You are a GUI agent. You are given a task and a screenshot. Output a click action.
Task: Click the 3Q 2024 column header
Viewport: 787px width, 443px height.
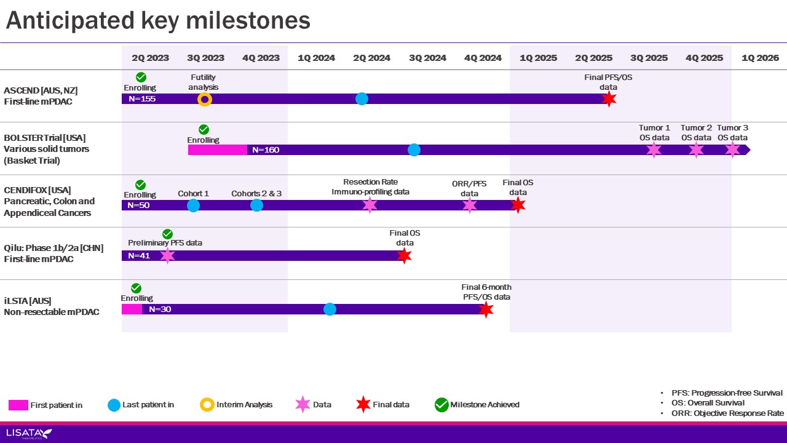[x=427, y=58]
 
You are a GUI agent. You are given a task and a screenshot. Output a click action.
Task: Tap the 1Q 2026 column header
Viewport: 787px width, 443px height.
[x=760, y=58]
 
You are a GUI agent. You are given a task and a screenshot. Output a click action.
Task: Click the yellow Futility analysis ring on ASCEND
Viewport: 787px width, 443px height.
[x=205, y=99]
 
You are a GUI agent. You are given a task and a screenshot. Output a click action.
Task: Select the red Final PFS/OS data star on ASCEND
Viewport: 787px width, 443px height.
[x=609, y=99]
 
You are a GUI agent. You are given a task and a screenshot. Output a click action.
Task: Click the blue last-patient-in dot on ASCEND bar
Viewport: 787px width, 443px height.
[x=362, y=98]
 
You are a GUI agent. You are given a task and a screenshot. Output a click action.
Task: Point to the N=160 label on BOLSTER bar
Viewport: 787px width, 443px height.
[x=266, y=150]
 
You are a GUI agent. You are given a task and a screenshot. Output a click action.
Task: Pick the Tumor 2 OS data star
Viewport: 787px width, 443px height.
[x=696, y=150]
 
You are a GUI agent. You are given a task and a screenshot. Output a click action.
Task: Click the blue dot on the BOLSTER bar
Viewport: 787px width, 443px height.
[x=414, y=150]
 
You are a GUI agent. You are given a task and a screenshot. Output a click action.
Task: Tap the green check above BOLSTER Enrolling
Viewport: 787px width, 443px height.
[x=204, y=129]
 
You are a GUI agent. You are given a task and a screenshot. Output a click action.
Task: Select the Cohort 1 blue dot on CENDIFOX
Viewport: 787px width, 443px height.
[x=193, y=206]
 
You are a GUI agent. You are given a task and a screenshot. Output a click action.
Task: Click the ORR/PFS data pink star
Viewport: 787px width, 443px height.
[x=470, y=206]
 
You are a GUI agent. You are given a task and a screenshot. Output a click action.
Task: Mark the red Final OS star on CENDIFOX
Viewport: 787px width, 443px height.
[x=518, y=206]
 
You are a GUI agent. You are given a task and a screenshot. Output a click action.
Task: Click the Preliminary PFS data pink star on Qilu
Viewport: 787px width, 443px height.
[x=167, y=256]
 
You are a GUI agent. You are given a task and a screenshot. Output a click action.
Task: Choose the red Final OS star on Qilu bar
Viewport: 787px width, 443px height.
[x=404, y=256]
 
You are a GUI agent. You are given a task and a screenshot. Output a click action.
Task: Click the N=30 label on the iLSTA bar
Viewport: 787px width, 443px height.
[x=160, y=309]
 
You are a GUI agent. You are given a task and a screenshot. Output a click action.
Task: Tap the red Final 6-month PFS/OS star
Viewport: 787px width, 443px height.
[x=486, y=309]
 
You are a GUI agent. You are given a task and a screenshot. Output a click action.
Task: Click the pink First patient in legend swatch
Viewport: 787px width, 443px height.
[x=18, y=405]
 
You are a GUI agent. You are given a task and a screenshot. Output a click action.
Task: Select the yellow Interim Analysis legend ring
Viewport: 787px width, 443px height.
[x=207, y=405]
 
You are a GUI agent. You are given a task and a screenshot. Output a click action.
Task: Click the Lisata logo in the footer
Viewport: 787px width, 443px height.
[x=28, y=434]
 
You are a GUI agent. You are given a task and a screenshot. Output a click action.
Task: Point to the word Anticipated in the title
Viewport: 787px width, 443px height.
[x=67, y=21]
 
